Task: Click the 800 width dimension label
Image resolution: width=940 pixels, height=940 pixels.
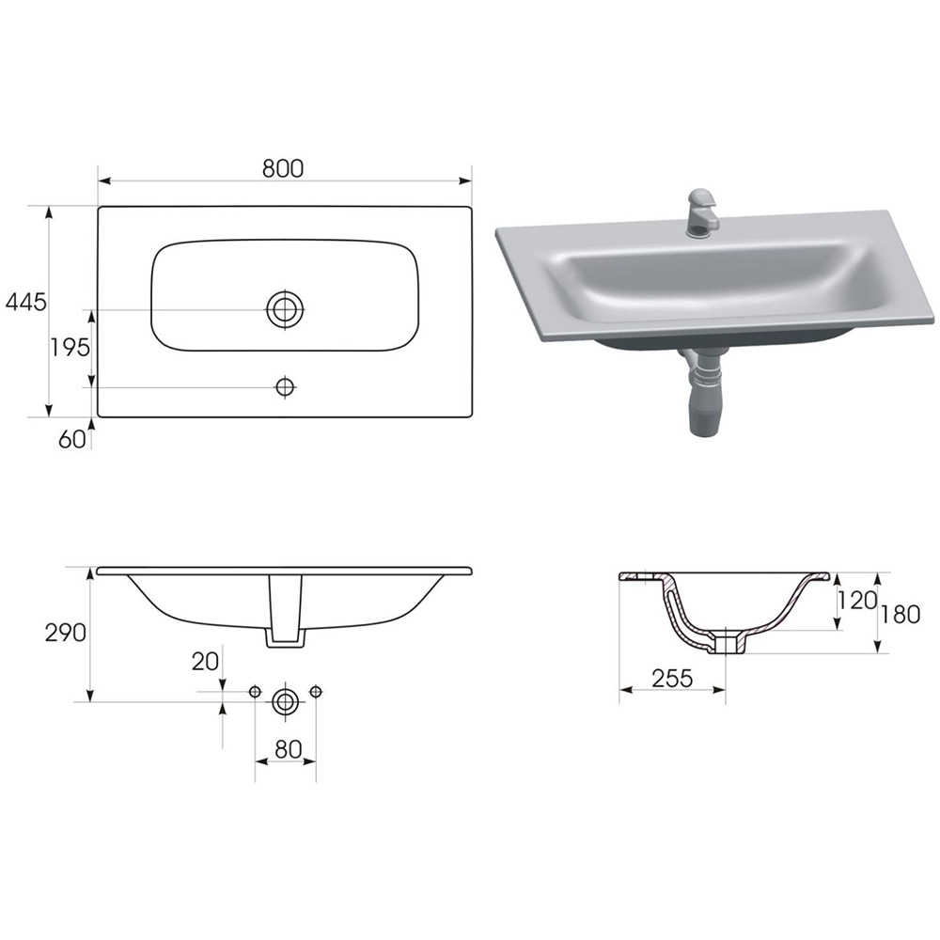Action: pyautogui.click(x=283, y=168)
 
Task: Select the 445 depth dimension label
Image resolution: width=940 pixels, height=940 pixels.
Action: pyautogui.click(x=25, y=302)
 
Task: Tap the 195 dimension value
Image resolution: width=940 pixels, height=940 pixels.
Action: pyautogui.click(x=70, y=347)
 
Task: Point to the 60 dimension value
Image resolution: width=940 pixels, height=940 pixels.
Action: pyautogui.click(x=71, y=439)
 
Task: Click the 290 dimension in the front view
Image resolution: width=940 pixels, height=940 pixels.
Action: pyautogui.click(x=66, y=633)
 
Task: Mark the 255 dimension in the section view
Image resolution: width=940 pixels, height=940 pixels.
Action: pyautogui.click(x=673, y=678)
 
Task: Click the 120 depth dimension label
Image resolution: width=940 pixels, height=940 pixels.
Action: pyautogui.click(x=855, y=601)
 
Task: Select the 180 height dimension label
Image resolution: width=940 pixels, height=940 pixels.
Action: pyautogui.click(x=901, y=616)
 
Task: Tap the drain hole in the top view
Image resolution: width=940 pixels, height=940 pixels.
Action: pyautogui.click(x=285, y=309)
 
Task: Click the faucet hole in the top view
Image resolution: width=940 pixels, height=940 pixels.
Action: pyautogui.click(x=285, y=386)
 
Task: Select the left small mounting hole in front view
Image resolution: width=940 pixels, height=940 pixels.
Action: pyautogui.click(x=255, y=692)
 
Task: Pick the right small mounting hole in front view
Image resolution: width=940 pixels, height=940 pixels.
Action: pyautogui.click(x=315, y=692)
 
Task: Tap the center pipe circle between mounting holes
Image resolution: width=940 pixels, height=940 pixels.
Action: pyautogui.click(x=285, y=700)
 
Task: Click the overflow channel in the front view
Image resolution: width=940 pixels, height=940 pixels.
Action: pyautogui.click(x=285, y=611)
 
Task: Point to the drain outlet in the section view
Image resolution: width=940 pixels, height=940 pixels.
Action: pyautogui.click(x=728, y=644)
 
